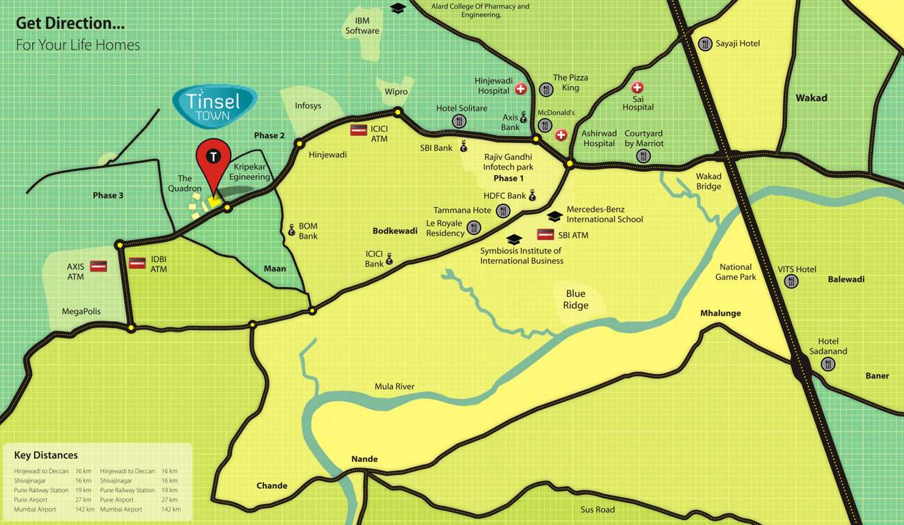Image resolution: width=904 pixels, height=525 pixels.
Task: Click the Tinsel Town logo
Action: point(213,106)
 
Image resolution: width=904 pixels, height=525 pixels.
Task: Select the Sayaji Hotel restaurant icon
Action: point(705,44)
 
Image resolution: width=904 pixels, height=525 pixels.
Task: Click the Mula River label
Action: point(395,386)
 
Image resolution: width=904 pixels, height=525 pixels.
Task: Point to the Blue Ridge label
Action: point(575,299)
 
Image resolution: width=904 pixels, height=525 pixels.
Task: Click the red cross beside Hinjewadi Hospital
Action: point(520,89)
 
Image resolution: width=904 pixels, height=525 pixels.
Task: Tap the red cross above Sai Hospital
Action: point(637,87)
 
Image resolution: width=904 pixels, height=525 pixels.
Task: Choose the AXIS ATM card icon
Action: point(98,266)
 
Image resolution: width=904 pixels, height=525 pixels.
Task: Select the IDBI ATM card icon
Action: point(137,262)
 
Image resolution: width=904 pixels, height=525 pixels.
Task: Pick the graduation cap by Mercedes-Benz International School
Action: point(555,216)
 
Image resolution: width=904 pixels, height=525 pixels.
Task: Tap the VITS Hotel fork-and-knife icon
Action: point(791,281)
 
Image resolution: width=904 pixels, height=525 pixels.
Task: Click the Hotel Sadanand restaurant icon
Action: point(828,364)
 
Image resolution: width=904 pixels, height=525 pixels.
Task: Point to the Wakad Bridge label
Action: point(708,182)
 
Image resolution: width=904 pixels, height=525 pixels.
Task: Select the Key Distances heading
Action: point(46,455)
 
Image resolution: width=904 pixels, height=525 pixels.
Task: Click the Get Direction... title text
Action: point(70,23)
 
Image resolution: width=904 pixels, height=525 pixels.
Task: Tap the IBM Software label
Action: point(362,26)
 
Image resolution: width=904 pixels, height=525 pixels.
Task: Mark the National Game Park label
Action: point(736,272)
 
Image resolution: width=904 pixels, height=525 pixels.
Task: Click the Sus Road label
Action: point(597,509)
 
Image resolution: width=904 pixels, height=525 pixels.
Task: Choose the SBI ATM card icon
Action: point(545,234)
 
